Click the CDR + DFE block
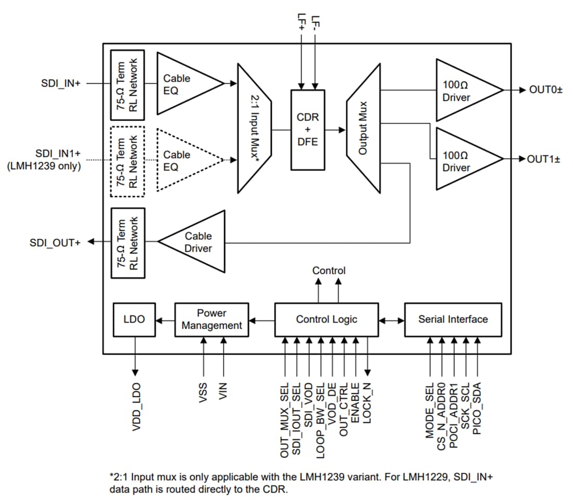pos(307,130)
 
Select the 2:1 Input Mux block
pos(254,128)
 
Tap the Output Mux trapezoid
pos(363,128)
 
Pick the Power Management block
pos(211,319)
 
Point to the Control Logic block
pos(327,319)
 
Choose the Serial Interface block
pos(453,319)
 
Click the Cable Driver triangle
pos(195,242)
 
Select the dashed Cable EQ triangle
pos(185,161)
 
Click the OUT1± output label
pos(543,159)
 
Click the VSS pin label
pos(204,391)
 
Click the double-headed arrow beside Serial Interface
pos(392,320)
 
